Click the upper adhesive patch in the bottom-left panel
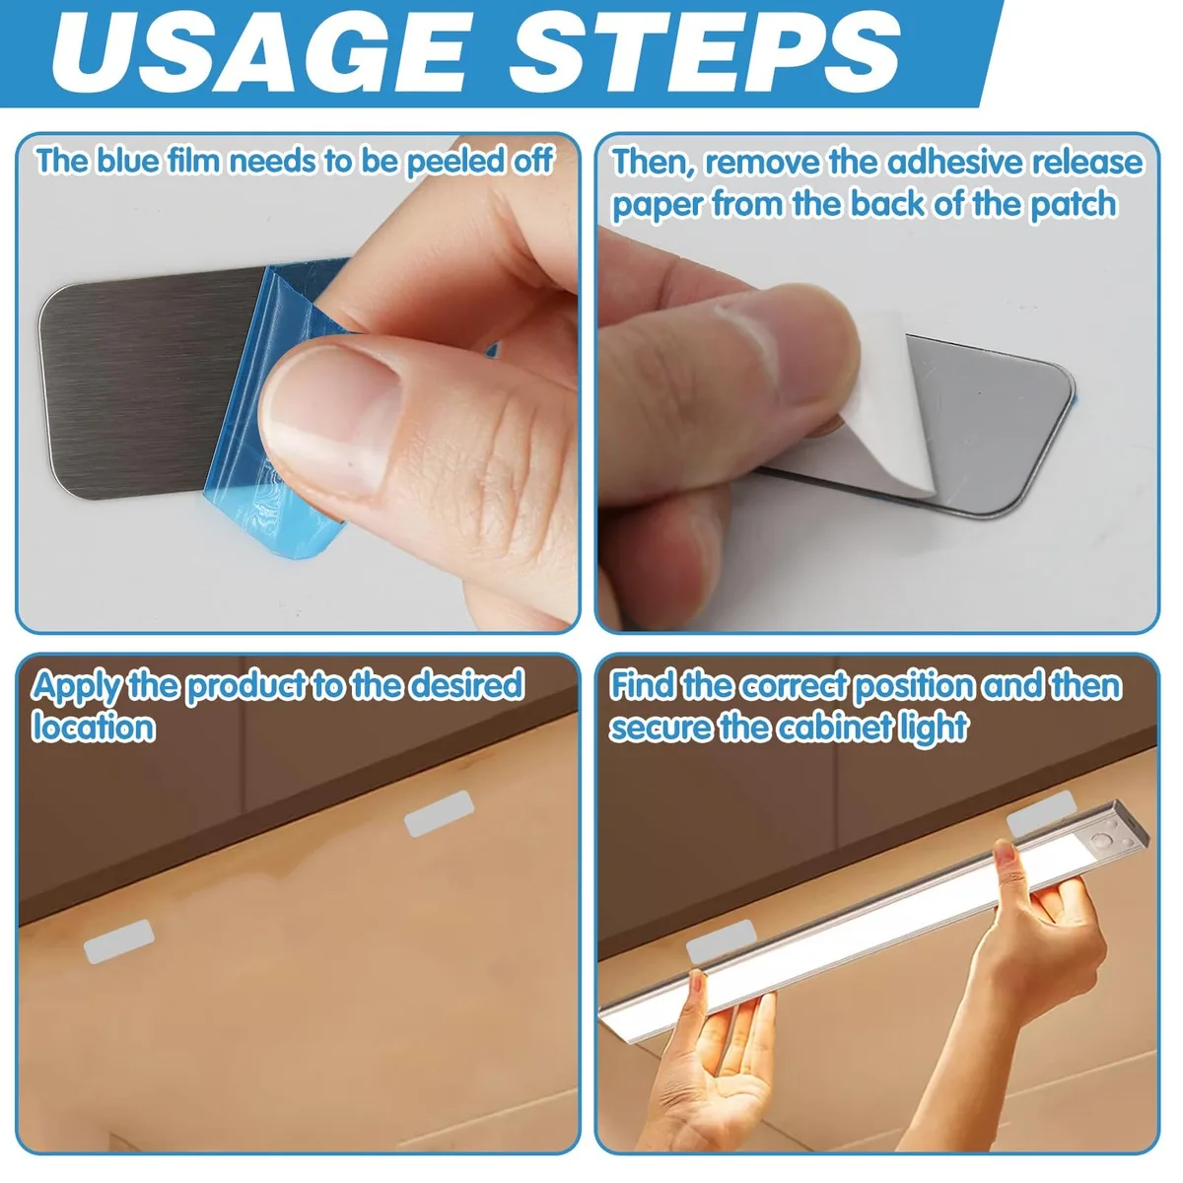click(439, 814)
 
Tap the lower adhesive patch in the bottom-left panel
click(118, 941)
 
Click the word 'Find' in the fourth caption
click(643, 685)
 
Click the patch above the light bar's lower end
click(721, 941)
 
